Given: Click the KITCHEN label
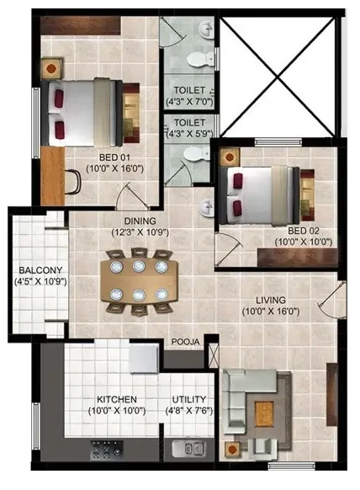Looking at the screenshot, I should point(117,399).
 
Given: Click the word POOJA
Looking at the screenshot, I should point(185,343).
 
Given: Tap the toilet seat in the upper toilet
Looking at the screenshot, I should point(196,59).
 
